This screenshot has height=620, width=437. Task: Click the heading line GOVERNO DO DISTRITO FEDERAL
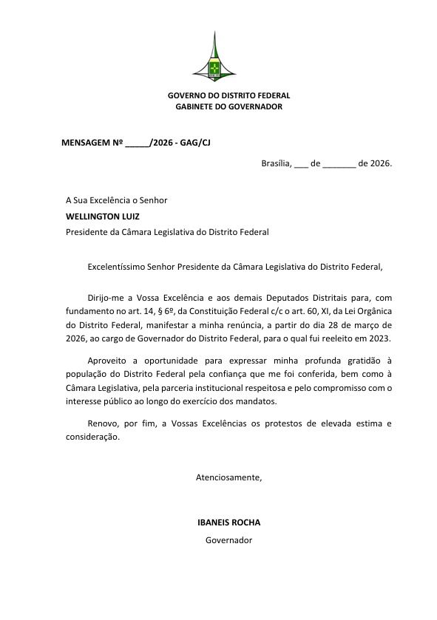228,95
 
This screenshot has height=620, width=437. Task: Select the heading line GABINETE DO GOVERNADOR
228,106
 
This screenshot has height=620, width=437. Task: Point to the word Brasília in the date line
277,163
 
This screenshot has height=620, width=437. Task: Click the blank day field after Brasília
301,163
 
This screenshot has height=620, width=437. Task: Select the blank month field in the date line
339,163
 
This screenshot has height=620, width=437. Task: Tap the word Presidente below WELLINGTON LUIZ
87,232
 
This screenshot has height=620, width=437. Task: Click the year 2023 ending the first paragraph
380,338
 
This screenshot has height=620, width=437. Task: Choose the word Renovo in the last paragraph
103,423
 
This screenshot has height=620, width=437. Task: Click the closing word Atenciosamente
228,477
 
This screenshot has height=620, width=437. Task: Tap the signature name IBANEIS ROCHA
228,522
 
